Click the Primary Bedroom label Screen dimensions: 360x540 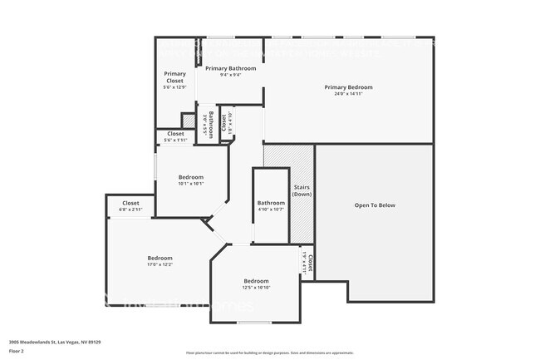point(348,87)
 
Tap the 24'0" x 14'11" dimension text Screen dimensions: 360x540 point(348,94)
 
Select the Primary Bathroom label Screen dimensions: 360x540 point(230,68)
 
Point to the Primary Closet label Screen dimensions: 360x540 point(174,76)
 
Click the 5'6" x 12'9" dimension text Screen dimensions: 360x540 point(174,86)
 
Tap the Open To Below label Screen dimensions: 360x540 point(375,205)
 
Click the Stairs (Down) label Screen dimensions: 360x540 point(302,190)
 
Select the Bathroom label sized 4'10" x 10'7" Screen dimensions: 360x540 point(271,203)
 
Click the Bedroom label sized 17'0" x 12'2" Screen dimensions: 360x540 point(160,258)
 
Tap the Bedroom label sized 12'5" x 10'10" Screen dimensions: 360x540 point(256,281)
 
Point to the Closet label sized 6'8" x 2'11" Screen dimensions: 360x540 point(130,203)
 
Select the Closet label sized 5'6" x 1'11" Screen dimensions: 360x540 point(175,133)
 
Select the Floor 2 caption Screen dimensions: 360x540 point(17,351)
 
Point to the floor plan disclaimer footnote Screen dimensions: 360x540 point(269,352)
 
